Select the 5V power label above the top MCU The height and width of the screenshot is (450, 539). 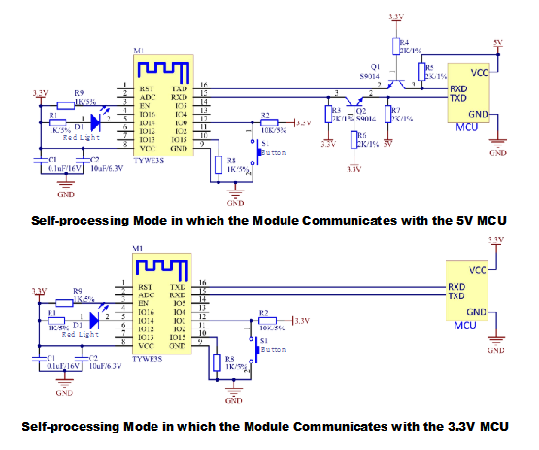click(497, 43)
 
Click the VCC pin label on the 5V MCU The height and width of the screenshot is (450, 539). click(478, 72)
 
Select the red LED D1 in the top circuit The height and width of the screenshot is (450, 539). click(94, 121)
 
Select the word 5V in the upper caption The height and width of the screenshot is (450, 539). click(459, 221)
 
